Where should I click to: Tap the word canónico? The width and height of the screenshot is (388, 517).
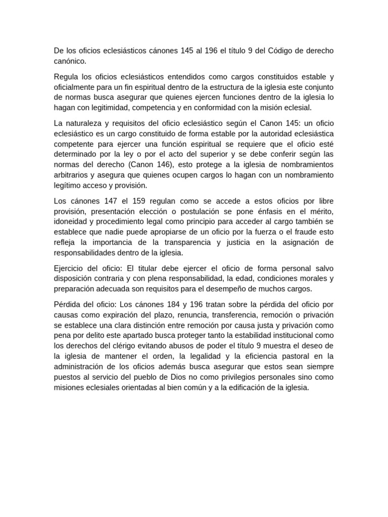click(x=70, y=61)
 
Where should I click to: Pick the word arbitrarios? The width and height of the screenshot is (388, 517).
click(x=72, y=175)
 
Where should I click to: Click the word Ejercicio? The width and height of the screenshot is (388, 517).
click(x=71, y=268)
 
